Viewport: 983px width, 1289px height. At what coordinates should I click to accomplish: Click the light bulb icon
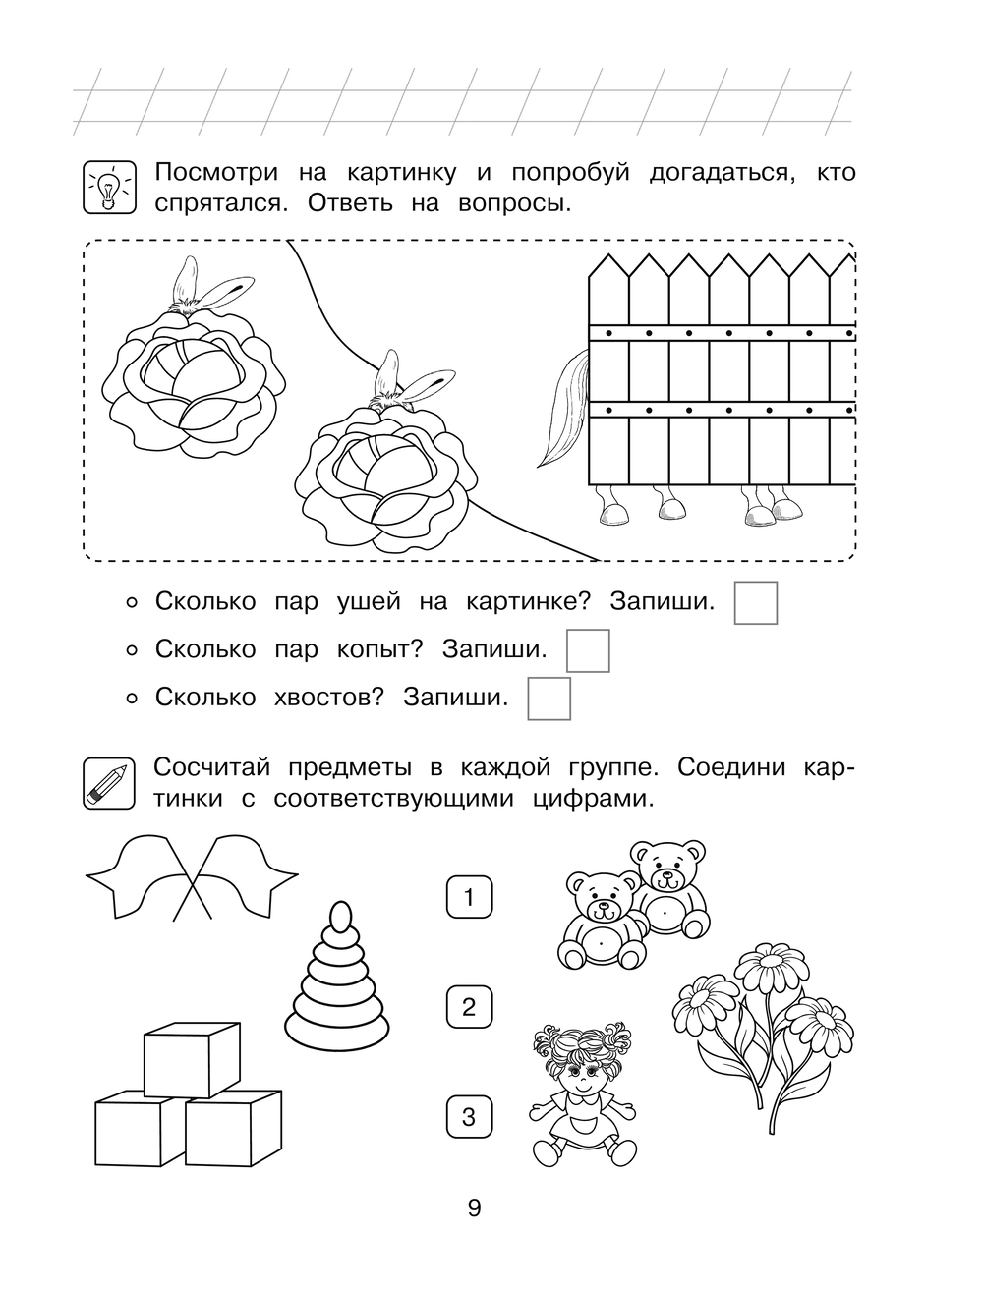[105, 186]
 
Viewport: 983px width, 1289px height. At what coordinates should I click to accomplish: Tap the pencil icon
[105, 782]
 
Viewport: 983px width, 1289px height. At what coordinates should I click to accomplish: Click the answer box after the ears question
[756, 602]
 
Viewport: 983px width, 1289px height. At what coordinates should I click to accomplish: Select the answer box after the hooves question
[588, 650]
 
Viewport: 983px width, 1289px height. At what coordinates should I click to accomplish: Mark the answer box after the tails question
[549, 699]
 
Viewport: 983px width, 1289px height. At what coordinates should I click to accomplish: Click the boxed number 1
[469, 897]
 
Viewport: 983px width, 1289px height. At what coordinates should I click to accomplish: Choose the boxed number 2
[469, 1007]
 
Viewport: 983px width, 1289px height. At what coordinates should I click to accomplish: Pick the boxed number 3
[469, 1117]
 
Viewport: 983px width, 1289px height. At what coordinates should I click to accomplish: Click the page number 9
[474, 1207]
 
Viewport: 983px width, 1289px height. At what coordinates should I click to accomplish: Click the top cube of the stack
[192, 1058]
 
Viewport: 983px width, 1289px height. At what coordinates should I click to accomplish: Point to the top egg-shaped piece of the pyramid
[339, 917]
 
